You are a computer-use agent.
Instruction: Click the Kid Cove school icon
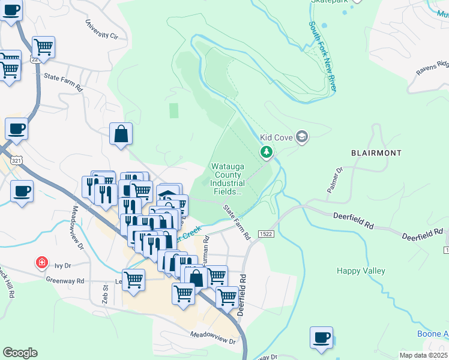(x=301, y=137)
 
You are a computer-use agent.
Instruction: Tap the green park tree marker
(x=267, y=153)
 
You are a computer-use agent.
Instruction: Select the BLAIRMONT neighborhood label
(x=376, y=153)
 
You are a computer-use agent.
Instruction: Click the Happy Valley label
(x=360, y=271)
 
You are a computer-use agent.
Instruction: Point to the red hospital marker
(x=41, y=262)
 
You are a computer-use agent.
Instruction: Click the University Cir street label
(x=101, y=28)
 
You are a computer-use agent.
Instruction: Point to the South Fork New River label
(x=322, y=57)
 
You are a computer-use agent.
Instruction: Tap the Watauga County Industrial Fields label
(x=228, y=179)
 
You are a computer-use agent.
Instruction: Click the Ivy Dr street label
(x=62, y=264)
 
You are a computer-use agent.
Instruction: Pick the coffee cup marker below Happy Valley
(x=321, y=337)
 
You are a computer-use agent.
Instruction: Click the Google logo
(x=20, y=353)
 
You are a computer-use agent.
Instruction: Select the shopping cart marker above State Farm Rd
(x=43, y=47)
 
